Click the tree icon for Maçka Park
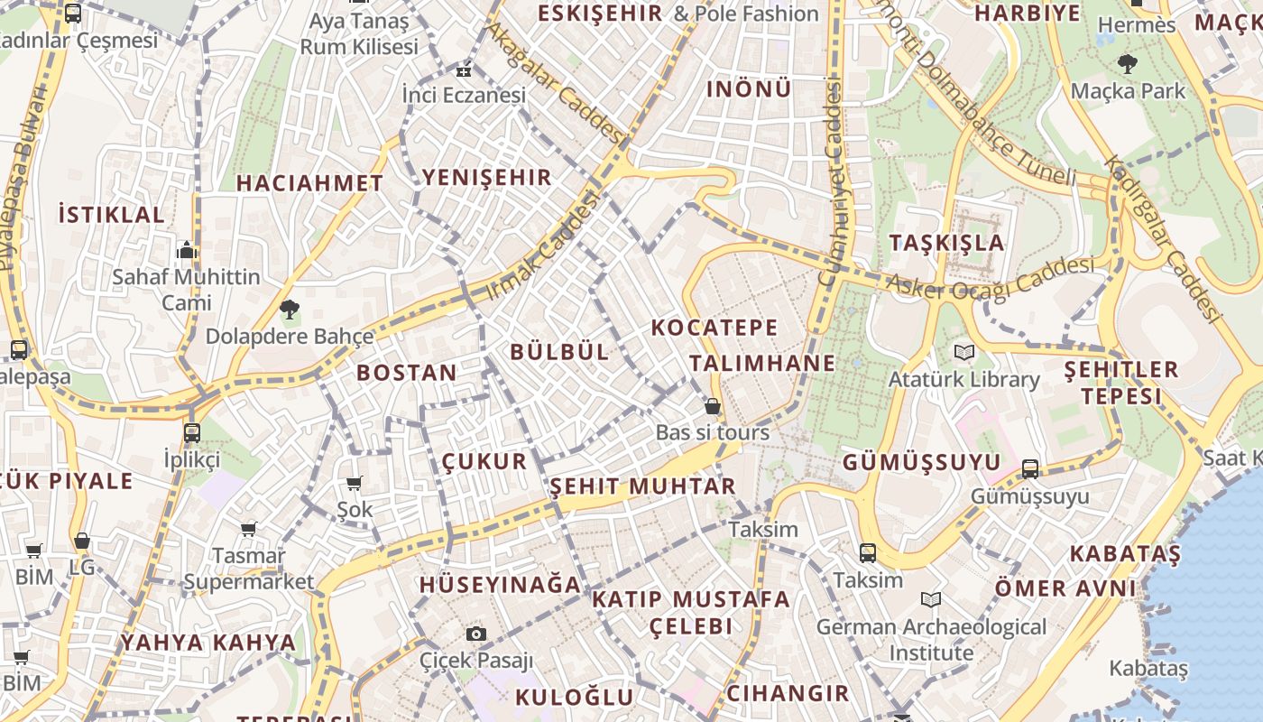pyautogui.click(x=1127, y=64)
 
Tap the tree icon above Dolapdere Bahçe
pyautogui.click(x=289, y=310)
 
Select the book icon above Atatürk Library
pyautogui.click(x=964, y=352)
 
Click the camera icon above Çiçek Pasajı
pyautogui.click(x=476, y=634)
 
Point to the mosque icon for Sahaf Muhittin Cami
pyautogui.click(x=187, y=249)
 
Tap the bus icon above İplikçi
pyautogui.click(x=192, y=432)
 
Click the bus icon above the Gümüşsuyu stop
pyautogui.click(x=1030, y=469)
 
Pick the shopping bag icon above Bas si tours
pyautogui.click(x=713, y=406)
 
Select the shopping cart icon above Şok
pyautogui.click(x=355, y=484)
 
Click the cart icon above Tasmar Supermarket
pyautogui.click(x=248, y=529)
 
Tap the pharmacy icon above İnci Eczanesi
pyautogui.click(x=464, y=70)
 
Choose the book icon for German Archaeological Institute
pyautogui.click(x=931, y=599)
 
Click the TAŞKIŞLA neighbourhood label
pyautogui.click(x=946, y=243)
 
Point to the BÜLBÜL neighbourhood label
pyautogui.click(x=560, y=352)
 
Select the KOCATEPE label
pyautogui.click(x=714, y=328)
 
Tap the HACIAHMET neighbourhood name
pyautogui.click(x=309, y=183)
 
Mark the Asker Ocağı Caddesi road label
pyautogui.click(x=990, y=276)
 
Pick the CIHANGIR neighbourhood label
pyautogui.click(x=788, y=693)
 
